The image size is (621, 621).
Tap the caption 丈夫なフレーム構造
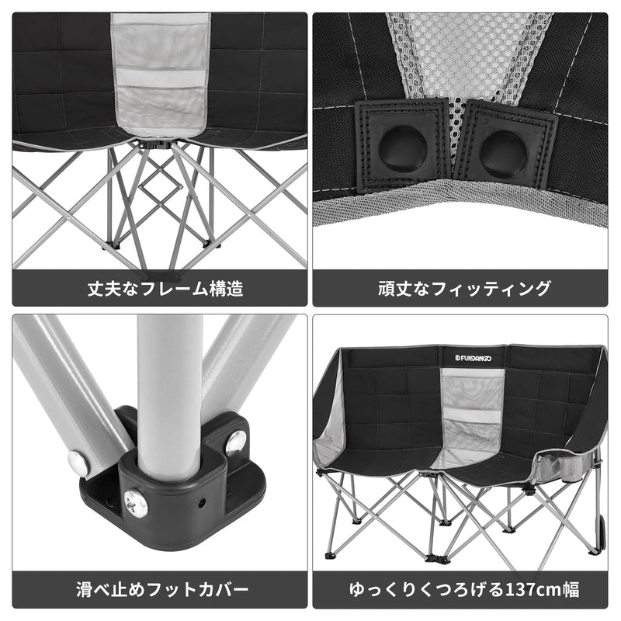165,290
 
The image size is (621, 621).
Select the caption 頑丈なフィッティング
464,290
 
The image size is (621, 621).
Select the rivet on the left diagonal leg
78,463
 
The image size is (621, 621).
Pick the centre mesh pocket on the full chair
471,411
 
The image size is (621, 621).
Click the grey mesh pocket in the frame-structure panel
160,74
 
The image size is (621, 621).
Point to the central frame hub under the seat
160,144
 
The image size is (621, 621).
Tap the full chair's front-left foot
331,554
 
